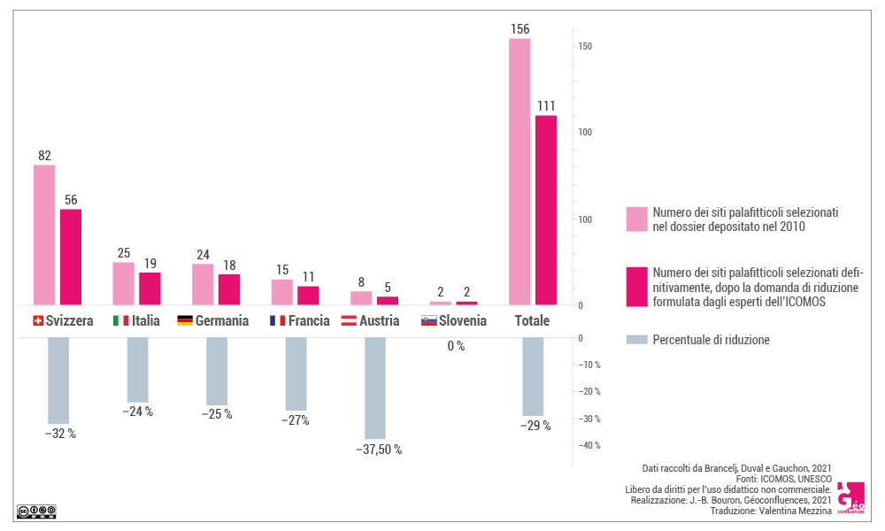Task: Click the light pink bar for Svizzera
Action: [x=44, y=235]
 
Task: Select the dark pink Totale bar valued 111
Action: [x=546, y=210]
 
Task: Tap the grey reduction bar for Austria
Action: [x=375, y=388]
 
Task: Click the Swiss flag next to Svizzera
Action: [x=37, y=321]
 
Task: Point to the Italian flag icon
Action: [x=120, y=321]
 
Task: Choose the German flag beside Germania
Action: [x=185, y=321]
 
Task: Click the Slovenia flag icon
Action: [x=429, y=321]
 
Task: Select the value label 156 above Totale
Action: [x=520, y=29]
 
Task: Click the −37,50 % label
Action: [x=379, y=450]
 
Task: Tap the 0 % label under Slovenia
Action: [x=456, y=346]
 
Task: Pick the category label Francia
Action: [x=309, y=321]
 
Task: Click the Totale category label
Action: [x=532, y=321]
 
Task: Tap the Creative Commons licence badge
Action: [x=36, y=511]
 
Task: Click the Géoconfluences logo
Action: [x=850, y=498]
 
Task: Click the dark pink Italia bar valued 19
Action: [x=150, y=289]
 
